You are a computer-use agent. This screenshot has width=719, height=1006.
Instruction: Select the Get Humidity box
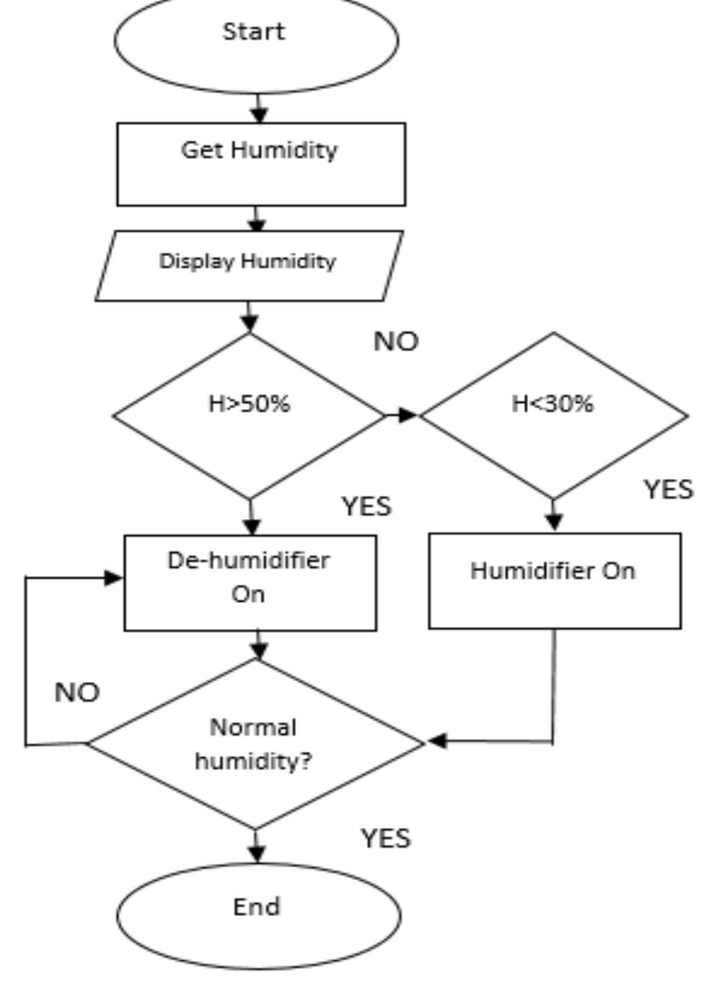click(261, 164)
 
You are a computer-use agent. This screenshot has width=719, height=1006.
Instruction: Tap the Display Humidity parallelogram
click(249, 265)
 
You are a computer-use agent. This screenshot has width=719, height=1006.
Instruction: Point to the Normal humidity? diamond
click(255, 744)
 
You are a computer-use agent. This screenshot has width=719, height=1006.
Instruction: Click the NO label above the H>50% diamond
click(396, 342)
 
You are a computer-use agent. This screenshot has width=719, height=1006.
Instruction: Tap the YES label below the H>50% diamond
click(367, 507)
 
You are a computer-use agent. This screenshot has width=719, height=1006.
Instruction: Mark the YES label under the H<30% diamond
click(668, 490)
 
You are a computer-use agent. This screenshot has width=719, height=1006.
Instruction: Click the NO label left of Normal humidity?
click(77, 693)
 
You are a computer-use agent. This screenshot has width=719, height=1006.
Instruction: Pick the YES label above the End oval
click(385, 838)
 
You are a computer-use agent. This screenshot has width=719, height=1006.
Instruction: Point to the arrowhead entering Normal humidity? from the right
click(437, 741)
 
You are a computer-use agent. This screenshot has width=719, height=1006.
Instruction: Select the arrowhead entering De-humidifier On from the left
click(114, 578)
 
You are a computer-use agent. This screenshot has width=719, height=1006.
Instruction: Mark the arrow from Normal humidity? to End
click(256, 846)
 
